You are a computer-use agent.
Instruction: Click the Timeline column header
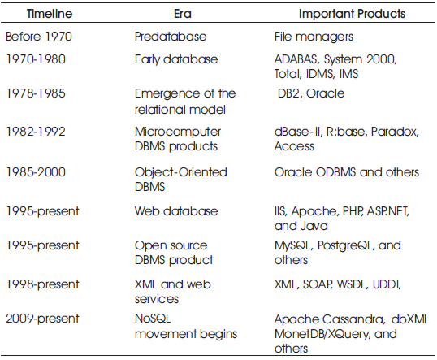tap(50, 14)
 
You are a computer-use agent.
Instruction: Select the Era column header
tap(183, 14)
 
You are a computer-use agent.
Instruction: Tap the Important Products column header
tap(352, 14)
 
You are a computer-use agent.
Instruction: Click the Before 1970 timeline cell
tap(39, 37)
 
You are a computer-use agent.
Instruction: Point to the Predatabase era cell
tap(171, 37)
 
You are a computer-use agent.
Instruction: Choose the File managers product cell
tap(314, 37)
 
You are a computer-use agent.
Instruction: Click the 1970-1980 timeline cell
tap(36, 59)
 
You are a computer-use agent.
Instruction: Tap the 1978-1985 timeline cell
tap(36, 93)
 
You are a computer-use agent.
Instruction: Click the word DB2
tap(290, 94)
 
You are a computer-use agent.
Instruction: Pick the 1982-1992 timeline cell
tap(36, 132)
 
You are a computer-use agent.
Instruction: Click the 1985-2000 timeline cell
tap(36, 172)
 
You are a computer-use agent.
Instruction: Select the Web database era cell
tap(176, 211)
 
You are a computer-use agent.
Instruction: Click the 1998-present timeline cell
tap(42, 284)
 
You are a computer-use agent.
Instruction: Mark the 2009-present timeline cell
tap(42, 319)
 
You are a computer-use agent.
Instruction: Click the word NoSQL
tap(153, 319)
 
